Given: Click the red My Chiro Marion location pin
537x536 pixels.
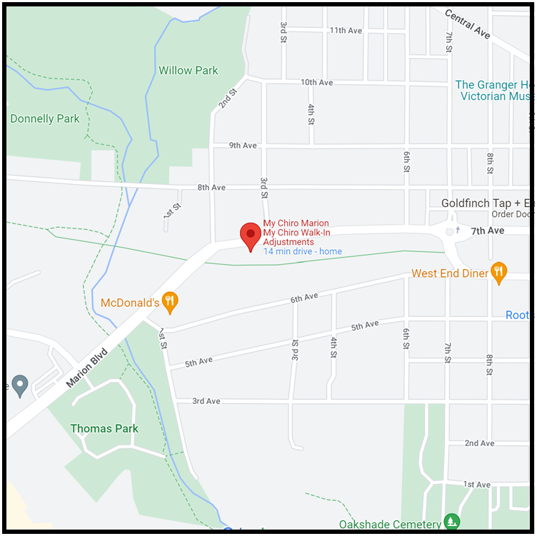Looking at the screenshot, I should click(x=250, y=236).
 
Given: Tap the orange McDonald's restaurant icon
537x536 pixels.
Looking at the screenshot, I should click(x=169, y=302).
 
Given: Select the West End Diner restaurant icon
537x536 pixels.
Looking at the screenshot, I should click(x=499, y=272).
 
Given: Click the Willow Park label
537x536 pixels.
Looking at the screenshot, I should click(x=189, y=71).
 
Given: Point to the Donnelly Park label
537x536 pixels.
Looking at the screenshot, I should click(x=45, y=118).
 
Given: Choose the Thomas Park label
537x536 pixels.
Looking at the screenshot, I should click(x=104, y=428).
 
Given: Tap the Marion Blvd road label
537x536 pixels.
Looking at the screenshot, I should click(x=86, y=368).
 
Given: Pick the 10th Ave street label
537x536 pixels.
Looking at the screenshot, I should click(x=317, y=83).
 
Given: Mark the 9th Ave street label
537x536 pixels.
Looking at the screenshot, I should click(x=243, y=146).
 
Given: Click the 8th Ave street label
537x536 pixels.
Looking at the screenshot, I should click(x=211, y=188).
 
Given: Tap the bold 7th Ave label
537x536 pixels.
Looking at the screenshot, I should click(x=488, y=231).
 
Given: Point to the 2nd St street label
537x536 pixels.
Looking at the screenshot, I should click(x=227, y=99).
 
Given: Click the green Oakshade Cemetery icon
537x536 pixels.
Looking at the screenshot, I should click(x=451, y=522).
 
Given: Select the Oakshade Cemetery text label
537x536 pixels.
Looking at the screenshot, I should click(x=389, y=525).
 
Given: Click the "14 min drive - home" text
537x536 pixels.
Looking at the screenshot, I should click(x=303, y=251).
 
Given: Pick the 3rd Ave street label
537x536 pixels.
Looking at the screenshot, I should click(x=206, y=401).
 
